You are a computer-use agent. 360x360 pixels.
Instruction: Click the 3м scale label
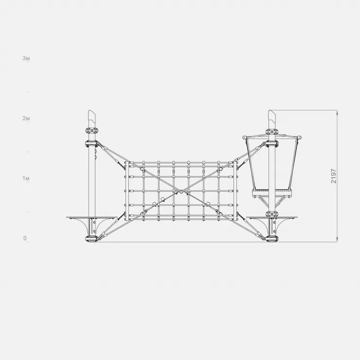26,58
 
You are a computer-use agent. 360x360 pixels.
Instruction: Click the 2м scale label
26,118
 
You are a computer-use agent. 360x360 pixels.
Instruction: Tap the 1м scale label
26,178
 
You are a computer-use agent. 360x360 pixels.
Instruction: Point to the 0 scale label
25,238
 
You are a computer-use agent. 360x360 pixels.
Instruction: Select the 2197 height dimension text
334,176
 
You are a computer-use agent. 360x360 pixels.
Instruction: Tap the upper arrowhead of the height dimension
337,112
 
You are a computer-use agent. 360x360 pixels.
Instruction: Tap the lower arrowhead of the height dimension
337,239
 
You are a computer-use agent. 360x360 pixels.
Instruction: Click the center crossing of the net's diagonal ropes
181,191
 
